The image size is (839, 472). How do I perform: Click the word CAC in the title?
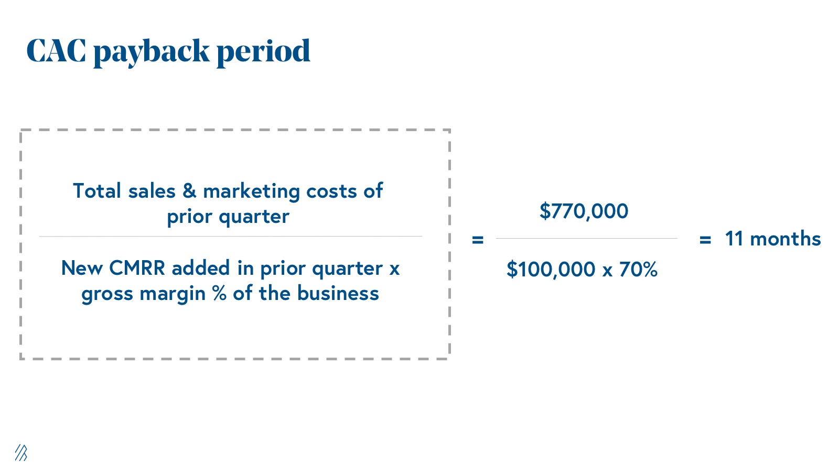pos(56,50)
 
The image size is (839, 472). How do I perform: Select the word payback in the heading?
pos(152,52)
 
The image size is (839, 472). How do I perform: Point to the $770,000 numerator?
pos(584,211)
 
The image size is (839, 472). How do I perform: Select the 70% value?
pos(638,269)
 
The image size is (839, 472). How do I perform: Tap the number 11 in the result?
pos(734,239)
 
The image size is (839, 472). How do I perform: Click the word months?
pos(786,239)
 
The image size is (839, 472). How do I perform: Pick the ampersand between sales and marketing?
pos(189,191)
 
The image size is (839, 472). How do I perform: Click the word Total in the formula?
pos(97,191)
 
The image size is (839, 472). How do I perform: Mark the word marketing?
pos(251,192)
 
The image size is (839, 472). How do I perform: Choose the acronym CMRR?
pos(137,268)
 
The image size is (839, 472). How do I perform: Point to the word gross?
pos(107,294)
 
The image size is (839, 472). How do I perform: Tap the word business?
pos(338,293)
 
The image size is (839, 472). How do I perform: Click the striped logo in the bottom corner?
pos(21,453)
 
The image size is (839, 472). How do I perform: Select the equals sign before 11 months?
pos(705,240)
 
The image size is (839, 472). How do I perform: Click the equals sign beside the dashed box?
pos(478,240)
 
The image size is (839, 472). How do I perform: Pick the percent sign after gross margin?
pos(219,293)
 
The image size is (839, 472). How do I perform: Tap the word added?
pos(201,268)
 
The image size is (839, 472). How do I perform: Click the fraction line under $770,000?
pos(587,238)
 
